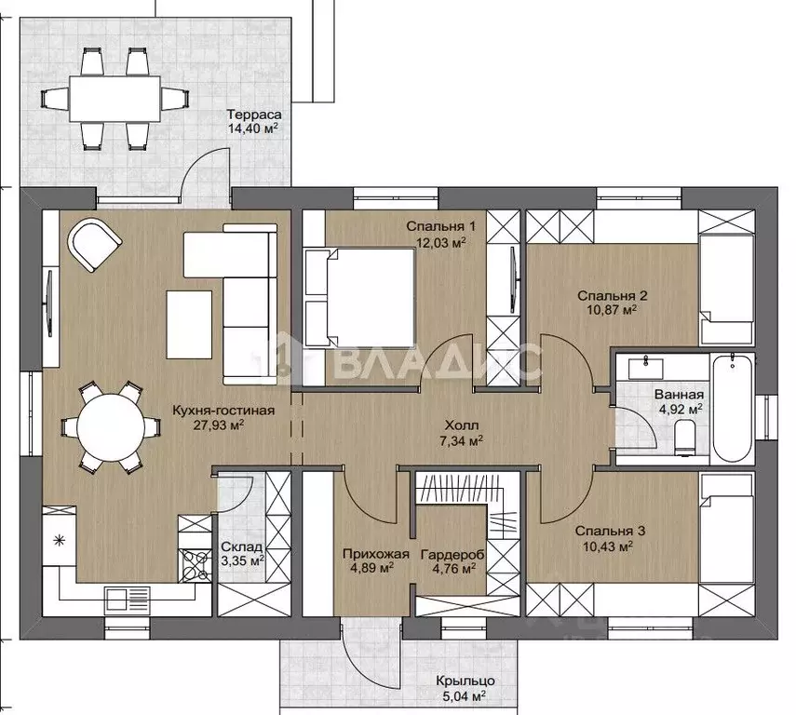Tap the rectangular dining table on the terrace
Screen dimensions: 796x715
tap(115, 99)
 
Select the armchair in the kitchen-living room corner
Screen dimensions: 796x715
tap(94, 244)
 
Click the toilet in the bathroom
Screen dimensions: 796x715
tap(685, 438)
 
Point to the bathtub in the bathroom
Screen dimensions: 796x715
tap(732, 409)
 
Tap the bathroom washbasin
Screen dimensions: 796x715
tap(646, 368)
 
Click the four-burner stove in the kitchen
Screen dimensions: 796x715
tap(195, 566)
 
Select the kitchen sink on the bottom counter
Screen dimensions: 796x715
tap(127, 600)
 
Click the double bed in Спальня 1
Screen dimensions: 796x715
tap(360, 297)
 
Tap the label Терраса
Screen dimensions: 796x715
tap(254, 115)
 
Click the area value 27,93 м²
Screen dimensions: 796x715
tap(219, 425)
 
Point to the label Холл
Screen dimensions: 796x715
tap(462, 425)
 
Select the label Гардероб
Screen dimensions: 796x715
tap(452, 555)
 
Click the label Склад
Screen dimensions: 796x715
tap(242, 546)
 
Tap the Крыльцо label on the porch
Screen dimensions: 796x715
tap(465, 681)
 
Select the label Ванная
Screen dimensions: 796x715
tap(679, 395)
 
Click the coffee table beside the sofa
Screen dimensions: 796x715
tap(189, 325)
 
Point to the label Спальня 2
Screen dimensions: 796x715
tap(613, 295)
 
